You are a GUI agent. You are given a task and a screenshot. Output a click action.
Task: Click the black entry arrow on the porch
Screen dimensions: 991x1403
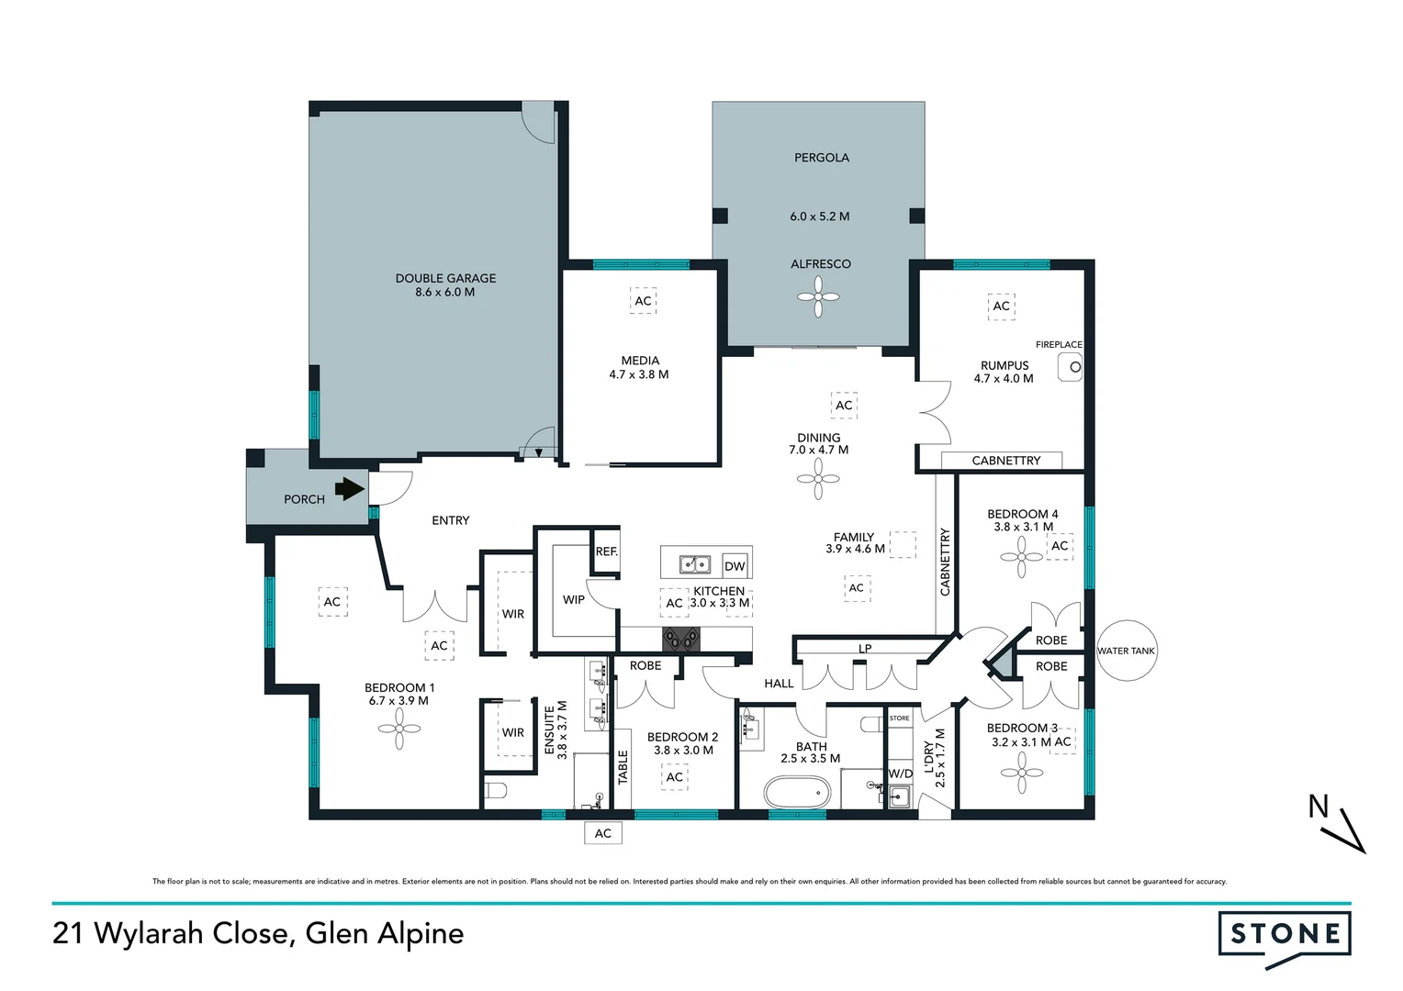(x=349, y=489)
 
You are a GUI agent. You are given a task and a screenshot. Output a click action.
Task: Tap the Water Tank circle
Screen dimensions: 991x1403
(x=1126, y=651)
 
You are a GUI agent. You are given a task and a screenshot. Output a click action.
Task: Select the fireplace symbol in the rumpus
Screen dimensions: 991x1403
(x=1071, y=367)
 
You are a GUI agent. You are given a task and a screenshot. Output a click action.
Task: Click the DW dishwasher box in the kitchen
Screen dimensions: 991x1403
(x=735, y=566)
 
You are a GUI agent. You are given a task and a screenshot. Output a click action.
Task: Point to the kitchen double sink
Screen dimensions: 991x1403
(x=694, y=564)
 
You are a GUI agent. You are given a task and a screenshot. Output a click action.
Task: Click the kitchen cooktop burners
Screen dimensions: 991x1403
(x=680, y=639)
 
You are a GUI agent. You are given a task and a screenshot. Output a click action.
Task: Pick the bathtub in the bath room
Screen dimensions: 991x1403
(x=797, y=791)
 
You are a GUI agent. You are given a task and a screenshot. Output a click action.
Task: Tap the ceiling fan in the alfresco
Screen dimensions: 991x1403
(x=818, y=296)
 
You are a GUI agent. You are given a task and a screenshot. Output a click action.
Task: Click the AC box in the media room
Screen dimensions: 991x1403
(x=643, y=301)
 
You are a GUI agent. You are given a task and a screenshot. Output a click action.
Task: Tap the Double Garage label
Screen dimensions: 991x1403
(x=445, y=284)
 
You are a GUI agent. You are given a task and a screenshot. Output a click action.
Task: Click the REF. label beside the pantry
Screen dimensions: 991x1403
(x=607, y=551)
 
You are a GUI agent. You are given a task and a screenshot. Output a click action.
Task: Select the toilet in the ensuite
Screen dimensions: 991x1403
(x=497, y=791)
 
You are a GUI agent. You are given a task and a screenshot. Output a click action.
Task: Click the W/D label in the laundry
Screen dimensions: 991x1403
(x=901, y=774)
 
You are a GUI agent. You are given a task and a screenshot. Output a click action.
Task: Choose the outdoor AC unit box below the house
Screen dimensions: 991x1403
(x=602, y=833)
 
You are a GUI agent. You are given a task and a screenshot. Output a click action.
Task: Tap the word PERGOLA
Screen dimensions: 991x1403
(x=821, y=158)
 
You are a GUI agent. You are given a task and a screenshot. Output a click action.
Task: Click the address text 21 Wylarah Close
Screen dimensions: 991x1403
(x=170, y=934)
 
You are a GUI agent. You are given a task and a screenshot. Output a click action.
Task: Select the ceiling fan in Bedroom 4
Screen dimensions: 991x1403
(x=1021, y=556)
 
